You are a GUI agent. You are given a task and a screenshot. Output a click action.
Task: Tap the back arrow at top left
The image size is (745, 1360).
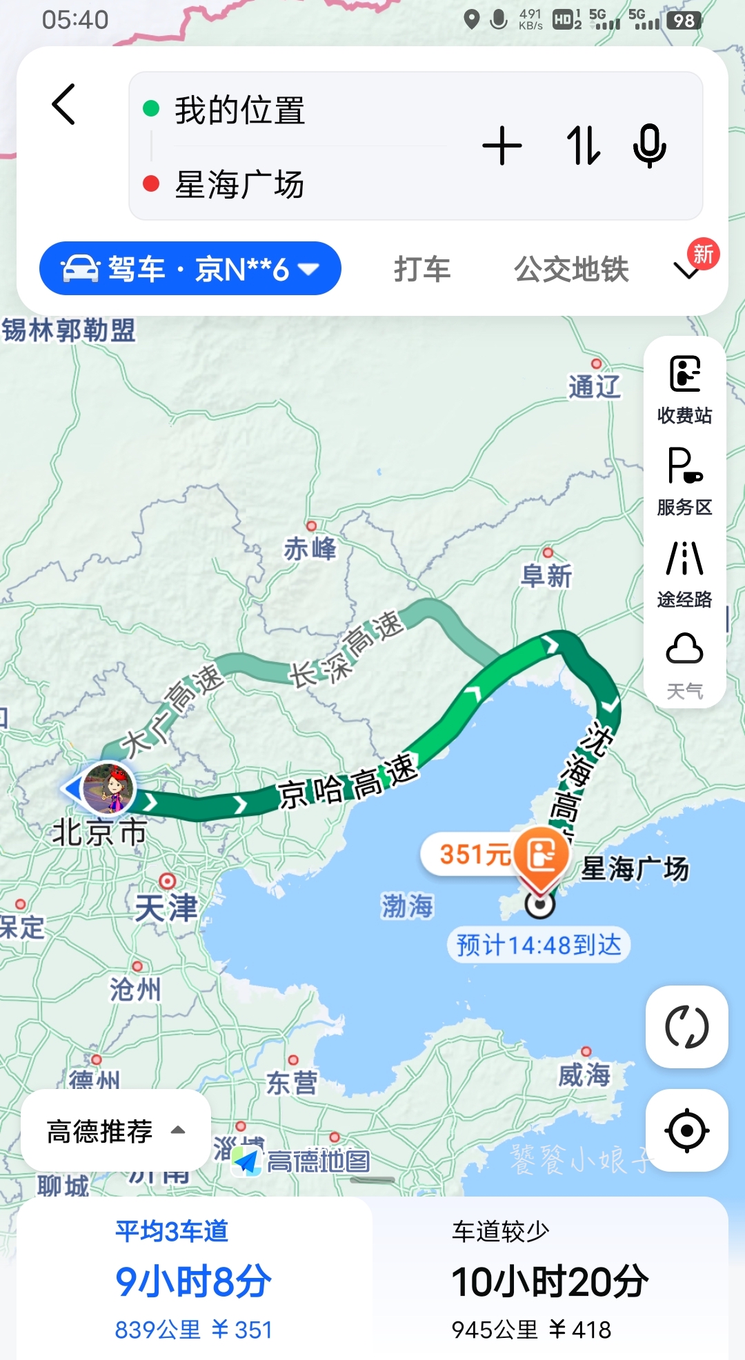click(x=63, y=105)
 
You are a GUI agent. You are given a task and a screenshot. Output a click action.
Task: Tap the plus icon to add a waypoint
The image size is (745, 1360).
click(x=502, y=146)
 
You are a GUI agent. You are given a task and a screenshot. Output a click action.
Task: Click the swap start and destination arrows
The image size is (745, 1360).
click(x=583, y=146)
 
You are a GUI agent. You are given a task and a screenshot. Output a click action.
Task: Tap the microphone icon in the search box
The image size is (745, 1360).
click(x=649, y=146)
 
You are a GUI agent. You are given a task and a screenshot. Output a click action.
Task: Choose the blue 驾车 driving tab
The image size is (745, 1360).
click(x=190, y=268)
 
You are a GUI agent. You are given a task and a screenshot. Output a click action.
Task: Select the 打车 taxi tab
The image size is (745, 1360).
click(x=422, y=269)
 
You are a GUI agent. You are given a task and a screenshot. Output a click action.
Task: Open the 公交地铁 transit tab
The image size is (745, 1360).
click(x=571, y=269)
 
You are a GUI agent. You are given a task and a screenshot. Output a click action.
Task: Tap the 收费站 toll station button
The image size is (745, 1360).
click(x=684, y=389)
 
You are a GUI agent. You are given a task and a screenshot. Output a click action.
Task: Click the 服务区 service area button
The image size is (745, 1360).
click(x=684, y=481)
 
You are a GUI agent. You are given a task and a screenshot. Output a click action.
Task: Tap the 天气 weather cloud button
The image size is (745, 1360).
click(x=684, y=665)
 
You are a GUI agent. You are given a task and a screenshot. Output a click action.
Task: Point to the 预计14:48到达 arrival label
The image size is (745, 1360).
click(x=539, y=945)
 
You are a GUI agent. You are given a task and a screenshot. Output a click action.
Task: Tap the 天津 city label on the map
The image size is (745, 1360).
click(x=166, y=907)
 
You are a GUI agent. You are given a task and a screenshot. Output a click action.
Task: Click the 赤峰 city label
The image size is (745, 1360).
click(x=310, y=549)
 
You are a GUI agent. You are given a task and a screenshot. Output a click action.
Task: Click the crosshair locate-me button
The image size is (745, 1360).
click(x=686, y=1131)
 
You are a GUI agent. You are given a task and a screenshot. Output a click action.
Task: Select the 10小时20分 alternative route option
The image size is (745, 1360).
click(x=550, y=1281)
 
